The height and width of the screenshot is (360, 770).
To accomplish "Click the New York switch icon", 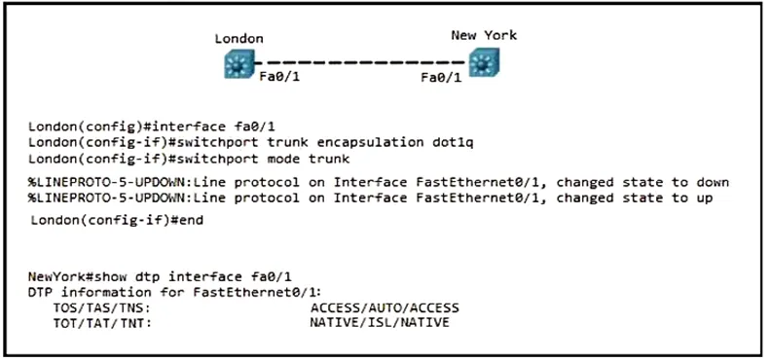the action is (x=484, y=62).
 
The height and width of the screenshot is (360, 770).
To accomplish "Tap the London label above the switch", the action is (x=239, y=39).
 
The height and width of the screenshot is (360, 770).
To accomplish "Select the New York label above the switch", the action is (x=484, y=35).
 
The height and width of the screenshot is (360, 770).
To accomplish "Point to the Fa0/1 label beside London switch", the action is (x=279, y=77).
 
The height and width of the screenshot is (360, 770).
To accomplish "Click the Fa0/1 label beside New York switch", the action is (x=441, y=78).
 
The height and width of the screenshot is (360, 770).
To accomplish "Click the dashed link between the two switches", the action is (x=361, y=63).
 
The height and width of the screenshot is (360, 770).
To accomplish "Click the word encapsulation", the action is (x=370, y=143).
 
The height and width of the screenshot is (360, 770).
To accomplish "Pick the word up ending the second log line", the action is (x=704, y=198).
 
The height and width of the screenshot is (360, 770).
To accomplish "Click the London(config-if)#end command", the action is (x=117, y=220).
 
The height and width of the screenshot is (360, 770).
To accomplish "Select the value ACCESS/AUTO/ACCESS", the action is (x=385, y=308).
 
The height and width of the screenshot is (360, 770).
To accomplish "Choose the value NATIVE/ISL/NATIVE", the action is (x=379, y=323).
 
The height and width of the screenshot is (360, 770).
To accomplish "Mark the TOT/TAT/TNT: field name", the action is (x=101, y=323).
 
